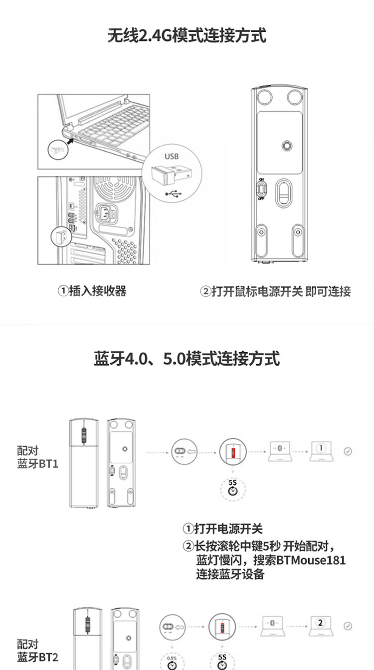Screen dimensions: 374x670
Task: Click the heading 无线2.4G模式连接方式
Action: [x=187, y=36]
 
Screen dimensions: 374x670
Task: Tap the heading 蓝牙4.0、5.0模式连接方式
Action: [x=187, y=358]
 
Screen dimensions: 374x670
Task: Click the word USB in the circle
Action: [x=171, y=156]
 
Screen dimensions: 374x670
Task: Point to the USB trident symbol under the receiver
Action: [x=174, y=193]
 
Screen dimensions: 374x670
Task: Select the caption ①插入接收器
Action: [x=92, y=291]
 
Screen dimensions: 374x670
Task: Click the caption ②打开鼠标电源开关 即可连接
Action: [x=275, y=291]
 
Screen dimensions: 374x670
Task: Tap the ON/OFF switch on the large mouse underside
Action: [x=261, y=188]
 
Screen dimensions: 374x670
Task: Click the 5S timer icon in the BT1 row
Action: [x=232, y=489]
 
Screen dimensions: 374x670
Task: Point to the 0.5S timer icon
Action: [x=172, y=663]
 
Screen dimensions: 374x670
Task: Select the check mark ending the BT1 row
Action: [x=348, y=451]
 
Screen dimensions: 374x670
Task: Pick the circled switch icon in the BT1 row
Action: [x=180, y=451]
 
